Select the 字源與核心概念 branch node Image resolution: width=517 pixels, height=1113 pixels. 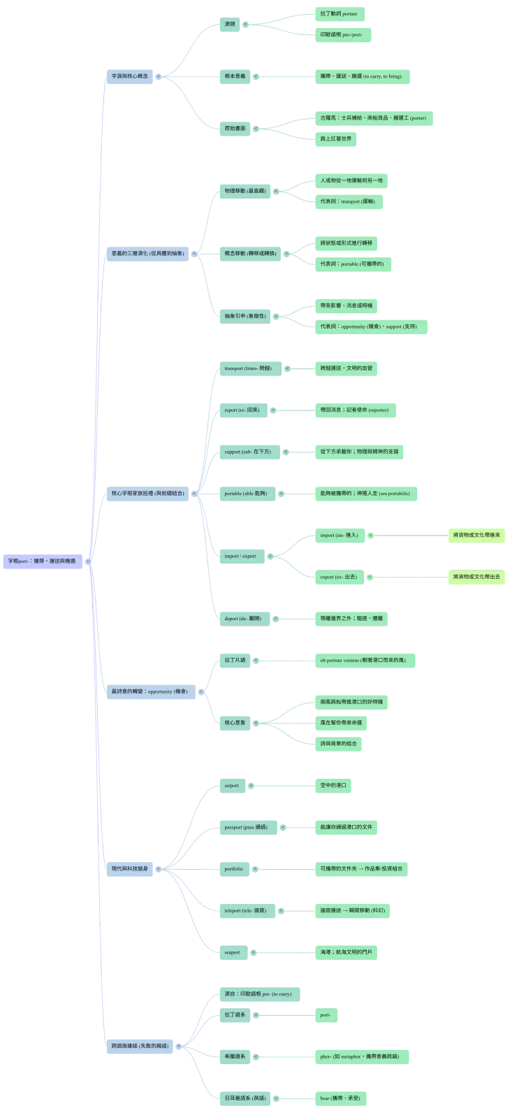(130, 76)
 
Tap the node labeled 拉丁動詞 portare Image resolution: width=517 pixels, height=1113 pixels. (339, 13)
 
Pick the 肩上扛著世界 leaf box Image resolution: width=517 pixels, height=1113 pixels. (335, 138)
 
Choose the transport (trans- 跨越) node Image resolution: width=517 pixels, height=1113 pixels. (247, 368)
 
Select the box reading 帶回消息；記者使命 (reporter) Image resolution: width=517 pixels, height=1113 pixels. (354, 410)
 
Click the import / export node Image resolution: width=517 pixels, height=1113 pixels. (240, 556)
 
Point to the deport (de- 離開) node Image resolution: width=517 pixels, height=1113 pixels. (242, 619)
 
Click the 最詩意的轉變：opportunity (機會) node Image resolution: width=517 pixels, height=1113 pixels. (150, 691)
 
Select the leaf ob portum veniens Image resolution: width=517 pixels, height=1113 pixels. (366, 660)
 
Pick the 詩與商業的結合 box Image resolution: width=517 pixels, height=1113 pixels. (339, 743)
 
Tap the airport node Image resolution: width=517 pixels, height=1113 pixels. (232, 785)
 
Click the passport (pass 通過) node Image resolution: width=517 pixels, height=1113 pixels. (247, 827)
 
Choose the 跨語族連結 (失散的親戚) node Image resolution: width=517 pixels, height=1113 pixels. (140, 1046)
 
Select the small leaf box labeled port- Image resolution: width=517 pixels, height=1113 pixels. (327, 1014)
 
